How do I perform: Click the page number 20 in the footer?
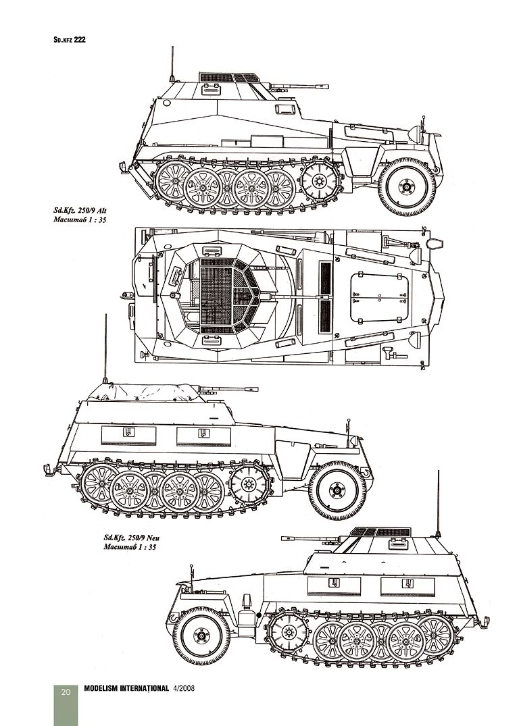click(66, 691)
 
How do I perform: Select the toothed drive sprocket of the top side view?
click(317, 180)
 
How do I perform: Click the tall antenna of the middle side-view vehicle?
click(106, 348)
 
